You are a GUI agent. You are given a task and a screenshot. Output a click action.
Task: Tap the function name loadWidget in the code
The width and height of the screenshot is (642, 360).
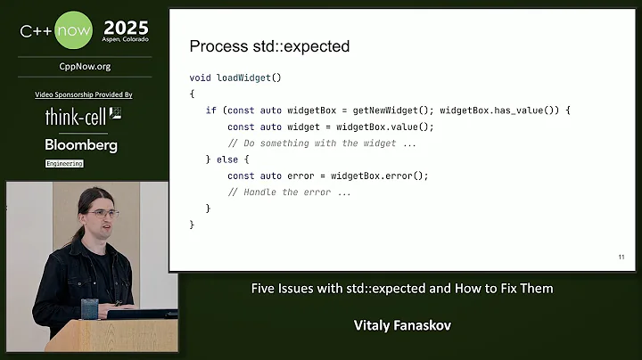pyautogui.click(x=243, y=78)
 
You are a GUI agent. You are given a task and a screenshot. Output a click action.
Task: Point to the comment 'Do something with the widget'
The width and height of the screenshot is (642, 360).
pyautogui.click(x=323, y=143)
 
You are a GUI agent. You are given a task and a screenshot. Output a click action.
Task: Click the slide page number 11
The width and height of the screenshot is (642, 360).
pyautogui.click(x=621, y=258)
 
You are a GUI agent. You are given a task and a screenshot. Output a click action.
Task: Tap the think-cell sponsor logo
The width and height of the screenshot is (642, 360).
pyautogui.click(x=83, y=117)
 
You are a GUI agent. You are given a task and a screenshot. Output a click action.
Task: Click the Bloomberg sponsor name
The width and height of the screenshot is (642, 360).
pyautogui.click(x=81, y=144)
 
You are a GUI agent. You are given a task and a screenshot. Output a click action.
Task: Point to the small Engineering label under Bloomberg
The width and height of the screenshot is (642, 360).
pyautogui.click(x=64, y=164)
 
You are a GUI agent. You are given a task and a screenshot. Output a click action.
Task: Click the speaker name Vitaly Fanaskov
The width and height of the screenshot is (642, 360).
pyautogui.click(x=401, y=325)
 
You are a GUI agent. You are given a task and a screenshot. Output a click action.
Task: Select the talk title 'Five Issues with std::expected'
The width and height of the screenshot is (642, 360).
pyautogui.click(x=401, y=289)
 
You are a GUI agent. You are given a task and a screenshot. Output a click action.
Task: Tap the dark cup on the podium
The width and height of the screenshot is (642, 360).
pyautogui.click(x=88, y=308)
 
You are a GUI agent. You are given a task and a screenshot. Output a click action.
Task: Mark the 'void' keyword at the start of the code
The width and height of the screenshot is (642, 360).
pyautogui.click(x=200, y=78)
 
